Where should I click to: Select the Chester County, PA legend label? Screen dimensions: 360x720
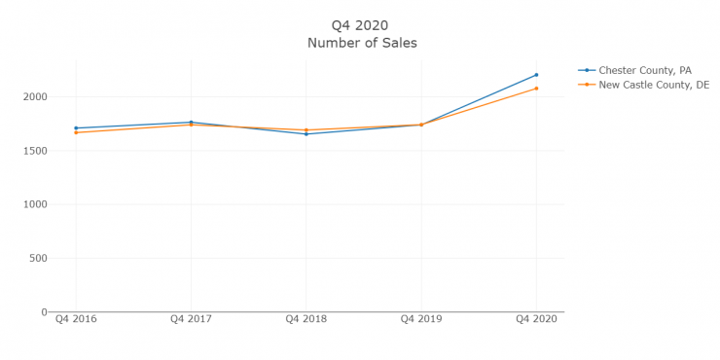646,70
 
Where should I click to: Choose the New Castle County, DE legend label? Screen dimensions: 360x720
654,85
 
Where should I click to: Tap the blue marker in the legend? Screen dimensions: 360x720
587,70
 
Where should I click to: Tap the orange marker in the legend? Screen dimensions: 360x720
587,85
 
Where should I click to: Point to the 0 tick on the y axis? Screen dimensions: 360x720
44,312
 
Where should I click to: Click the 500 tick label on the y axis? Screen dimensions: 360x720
37,259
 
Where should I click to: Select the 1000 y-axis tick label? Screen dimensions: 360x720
34,204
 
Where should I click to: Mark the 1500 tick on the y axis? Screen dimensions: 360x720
34,151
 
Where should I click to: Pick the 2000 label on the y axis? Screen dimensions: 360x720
34,96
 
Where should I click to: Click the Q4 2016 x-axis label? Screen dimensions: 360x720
76,319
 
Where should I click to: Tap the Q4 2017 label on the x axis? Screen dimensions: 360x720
191,319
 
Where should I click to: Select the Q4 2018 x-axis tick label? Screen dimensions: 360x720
306,319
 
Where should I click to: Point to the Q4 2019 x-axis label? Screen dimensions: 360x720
421,319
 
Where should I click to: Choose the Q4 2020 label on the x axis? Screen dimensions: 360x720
536,319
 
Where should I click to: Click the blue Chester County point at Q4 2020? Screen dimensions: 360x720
536,75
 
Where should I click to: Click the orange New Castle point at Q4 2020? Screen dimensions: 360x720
536,89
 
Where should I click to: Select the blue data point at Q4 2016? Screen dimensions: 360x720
76,127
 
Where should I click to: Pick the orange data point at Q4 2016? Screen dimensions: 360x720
76,132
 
